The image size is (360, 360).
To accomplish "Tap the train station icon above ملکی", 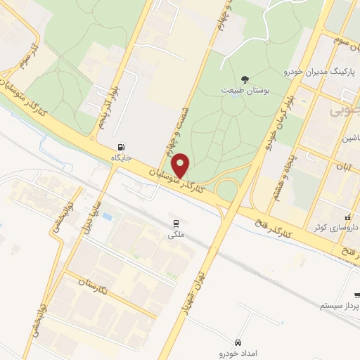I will [174, 224].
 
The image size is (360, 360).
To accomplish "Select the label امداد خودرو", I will [241, 352].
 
